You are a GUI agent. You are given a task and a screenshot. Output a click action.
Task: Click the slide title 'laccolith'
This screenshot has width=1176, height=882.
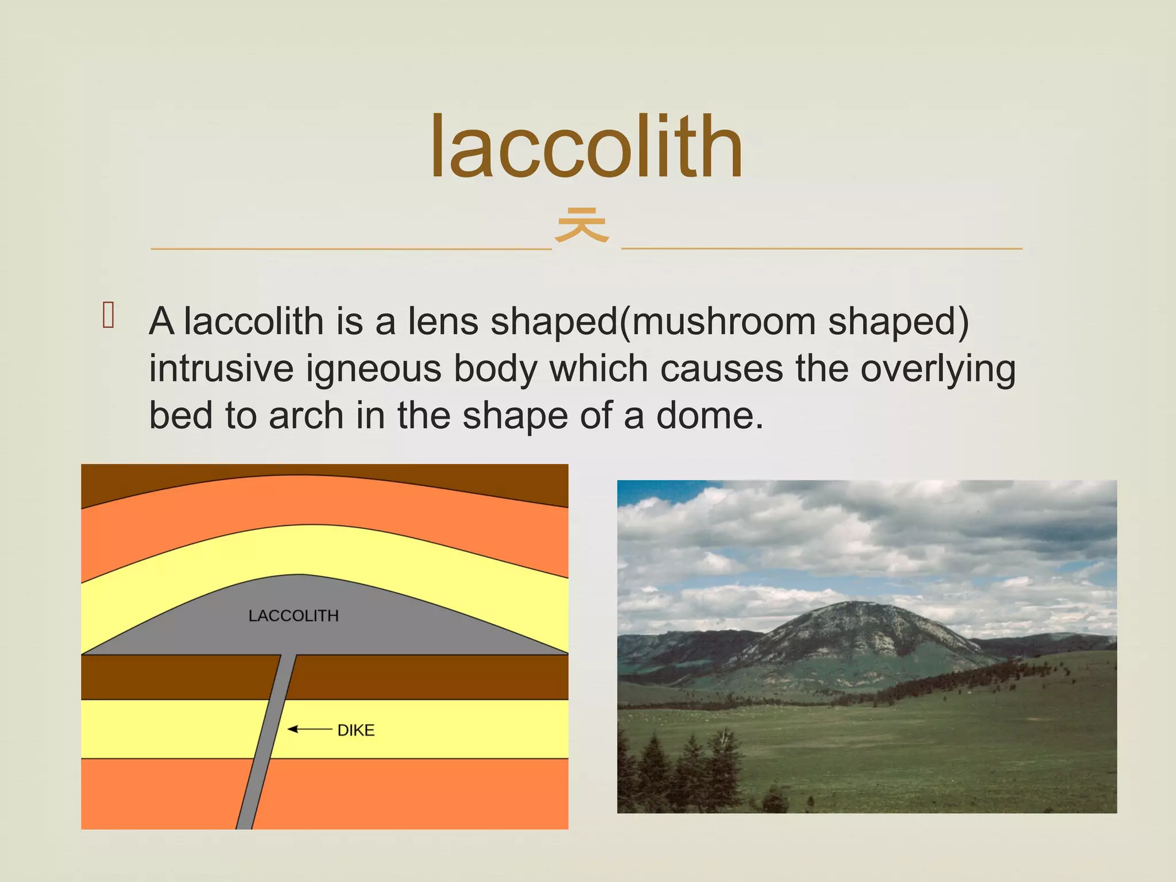[x=586, y=147]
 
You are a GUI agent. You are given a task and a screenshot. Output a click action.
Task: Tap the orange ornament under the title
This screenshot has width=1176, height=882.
[x=582, y=225]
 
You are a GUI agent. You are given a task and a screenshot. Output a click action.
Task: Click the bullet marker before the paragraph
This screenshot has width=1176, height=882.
[x=108, y=315]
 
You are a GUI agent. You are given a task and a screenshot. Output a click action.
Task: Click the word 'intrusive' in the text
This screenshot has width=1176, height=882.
[x=221, y=369]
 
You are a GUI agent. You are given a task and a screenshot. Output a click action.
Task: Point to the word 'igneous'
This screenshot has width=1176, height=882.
[x=373, y=369]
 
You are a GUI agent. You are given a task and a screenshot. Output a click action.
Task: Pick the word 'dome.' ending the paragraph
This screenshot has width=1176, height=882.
[x=710, y=416]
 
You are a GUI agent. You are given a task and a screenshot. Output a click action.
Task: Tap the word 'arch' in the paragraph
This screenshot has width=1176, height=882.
[x=306, y=416]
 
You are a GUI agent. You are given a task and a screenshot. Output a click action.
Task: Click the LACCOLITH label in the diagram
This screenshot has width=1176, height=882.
[x=293, y=616]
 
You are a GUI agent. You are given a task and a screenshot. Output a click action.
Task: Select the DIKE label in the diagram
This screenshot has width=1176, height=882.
[x=356, y=730]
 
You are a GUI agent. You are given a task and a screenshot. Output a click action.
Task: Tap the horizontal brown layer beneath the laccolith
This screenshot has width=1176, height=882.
[x=431, y=677]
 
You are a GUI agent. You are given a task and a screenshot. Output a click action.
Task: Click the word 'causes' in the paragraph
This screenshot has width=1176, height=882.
[x=721, y=369]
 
